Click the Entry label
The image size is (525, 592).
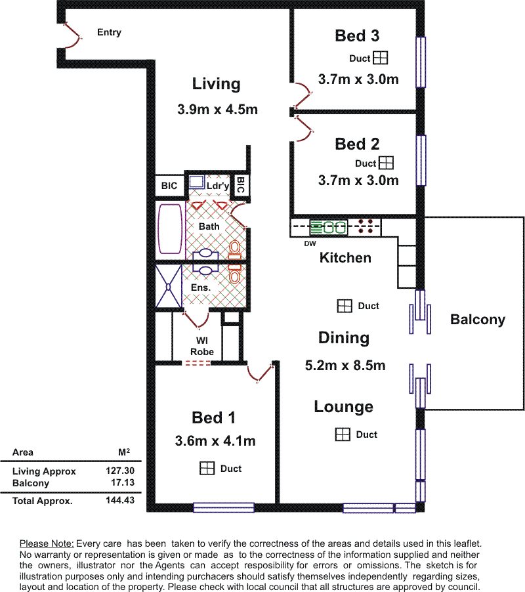[109, 32]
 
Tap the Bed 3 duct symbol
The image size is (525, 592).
[380, 58]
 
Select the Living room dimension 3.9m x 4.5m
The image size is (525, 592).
[217, 110]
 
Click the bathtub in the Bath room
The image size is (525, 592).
[170, 229]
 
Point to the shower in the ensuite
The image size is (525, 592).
[169, 287]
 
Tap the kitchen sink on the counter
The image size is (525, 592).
[328, 227]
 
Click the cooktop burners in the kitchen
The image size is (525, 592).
[365, 226]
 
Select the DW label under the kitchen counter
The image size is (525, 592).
[310, 243]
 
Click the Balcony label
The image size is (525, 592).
[478, 320]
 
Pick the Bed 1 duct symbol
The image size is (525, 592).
[207, 468]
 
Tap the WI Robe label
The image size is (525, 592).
[202, 347]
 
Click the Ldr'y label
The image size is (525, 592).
[218, 186]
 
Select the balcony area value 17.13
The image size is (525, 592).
[123, 482]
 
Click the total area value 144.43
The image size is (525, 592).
[120, 500]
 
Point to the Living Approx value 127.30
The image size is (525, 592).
[120, 471]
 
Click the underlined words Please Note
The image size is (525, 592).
[47, 543]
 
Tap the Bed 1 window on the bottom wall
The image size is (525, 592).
[224, 507]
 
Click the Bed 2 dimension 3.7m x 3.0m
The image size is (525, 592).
[358, 180]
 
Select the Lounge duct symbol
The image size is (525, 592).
[343, 434]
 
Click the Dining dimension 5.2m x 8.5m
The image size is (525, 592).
[345, 366]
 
